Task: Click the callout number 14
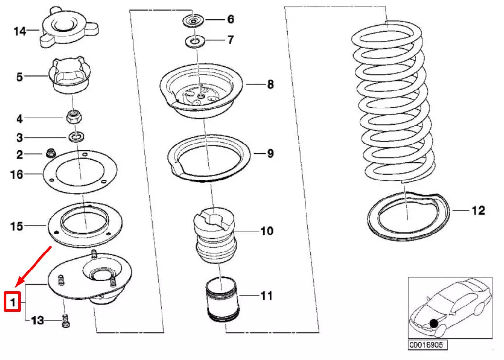pyautogui.click(x=19, y=31)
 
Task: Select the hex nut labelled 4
pyautogui.click(x=72, y=117)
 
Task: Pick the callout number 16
pyautogui.click(x=17, y=174)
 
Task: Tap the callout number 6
pyautogui.click(x=230, y=19)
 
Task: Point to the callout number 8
pyautogui.click(x=270, y=84)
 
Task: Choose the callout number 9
pyautogui.click(x=270, y=154)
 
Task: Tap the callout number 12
pyautogui.click(x=478, y=211)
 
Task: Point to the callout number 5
pyautogui.click(x=19, y=77)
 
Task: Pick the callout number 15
pyautogui.click(x=17, y=226)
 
